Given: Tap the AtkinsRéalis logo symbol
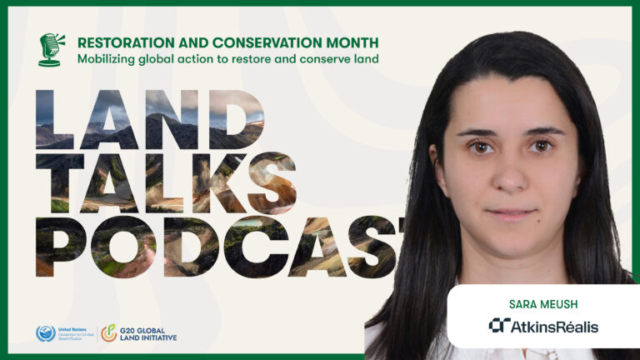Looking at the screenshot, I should click(x=499, y=326).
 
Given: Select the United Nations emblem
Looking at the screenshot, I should click(x=45, y=333).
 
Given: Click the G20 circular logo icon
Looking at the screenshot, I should click(x=108, y=333).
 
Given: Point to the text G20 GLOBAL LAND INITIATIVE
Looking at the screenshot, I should click(x=148, y=333).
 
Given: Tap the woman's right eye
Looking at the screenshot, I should click(x=482, y=147).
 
